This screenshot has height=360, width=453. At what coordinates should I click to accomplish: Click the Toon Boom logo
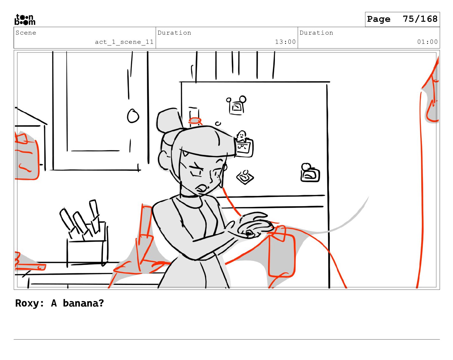[25, 19]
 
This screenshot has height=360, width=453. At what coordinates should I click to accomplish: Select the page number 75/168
[420, 19]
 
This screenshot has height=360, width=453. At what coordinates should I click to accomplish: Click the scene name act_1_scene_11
[124, 42]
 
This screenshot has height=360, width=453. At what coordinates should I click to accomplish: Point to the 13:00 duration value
[285, 42]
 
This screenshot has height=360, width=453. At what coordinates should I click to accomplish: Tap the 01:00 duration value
[427, 42]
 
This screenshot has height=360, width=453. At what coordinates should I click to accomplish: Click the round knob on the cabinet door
[133, 116]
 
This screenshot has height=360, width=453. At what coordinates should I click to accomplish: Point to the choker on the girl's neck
[190, 196]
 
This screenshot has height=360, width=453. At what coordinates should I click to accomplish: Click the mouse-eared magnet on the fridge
[237, 105]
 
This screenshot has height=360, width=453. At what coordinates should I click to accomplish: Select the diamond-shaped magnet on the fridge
[245, 177]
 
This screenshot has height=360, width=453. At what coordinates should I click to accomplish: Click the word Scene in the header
[26, 33]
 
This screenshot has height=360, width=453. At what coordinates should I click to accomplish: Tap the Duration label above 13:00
[174, 33]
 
